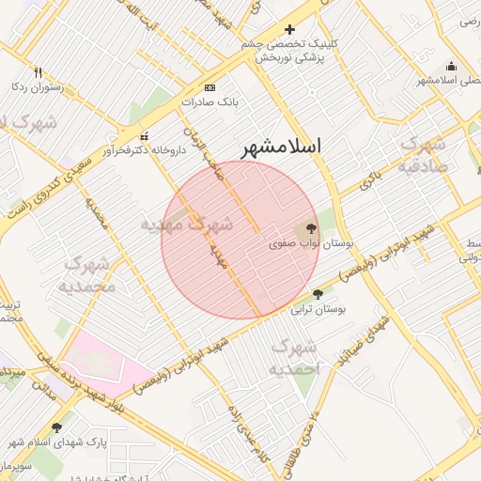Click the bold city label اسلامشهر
click(281, 147)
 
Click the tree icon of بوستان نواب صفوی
click(311, 228)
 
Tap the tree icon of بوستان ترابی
click(318, 294)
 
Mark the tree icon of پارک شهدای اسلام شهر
click(56, 427)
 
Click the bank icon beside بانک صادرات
click(209, 86)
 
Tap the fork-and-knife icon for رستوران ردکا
click(38, 72)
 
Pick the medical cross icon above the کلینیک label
click(289, 30)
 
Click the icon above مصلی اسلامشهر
click(451, 66)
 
